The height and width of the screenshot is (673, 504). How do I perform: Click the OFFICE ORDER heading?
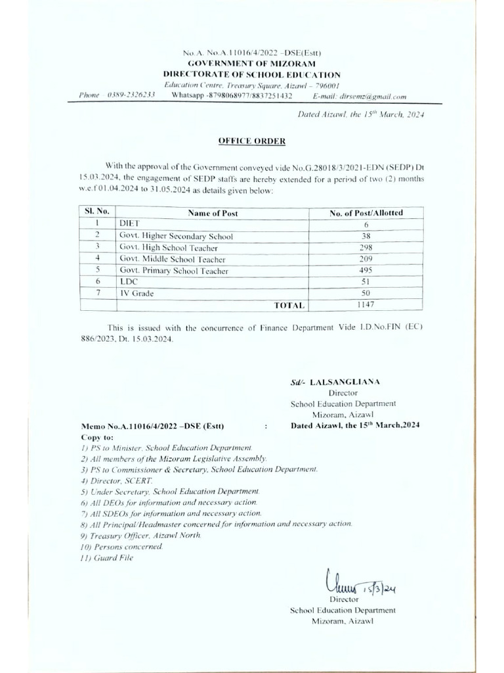pos(252,141)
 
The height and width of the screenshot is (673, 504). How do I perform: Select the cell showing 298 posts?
pos(366,248)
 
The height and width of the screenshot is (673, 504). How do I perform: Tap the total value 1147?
pos(366,305)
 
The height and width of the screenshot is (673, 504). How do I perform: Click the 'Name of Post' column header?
pos(213,213)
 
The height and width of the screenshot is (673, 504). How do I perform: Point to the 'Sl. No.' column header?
pos(96,212)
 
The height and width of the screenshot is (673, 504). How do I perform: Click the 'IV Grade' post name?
pos(136,294)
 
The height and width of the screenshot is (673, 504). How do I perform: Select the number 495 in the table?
pos(366,271)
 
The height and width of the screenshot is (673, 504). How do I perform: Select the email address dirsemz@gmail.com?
pos(373,96)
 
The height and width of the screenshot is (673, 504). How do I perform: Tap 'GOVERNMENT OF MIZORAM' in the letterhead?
pos(252,64)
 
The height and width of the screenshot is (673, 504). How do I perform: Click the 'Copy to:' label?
pos(97,436)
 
